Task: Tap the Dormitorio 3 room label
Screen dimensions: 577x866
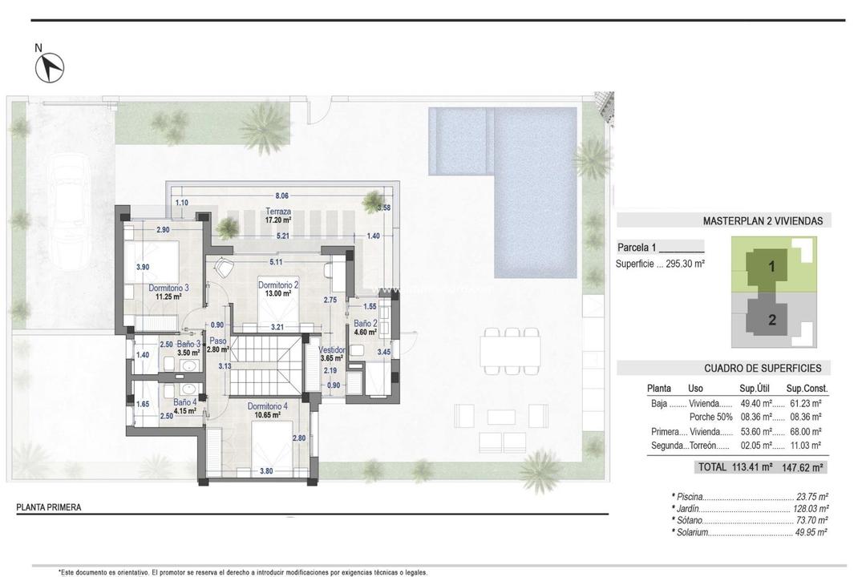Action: [x=168, y=288]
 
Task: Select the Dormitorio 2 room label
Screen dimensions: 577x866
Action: [x=278, y=284]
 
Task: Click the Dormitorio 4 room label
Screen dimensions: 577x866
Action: [x=267, y=406]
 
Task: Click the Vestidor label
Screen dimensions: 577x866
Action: [x=331, y=350]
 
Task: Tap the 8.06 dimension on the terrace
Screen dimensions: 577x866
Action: [x=281, y=195]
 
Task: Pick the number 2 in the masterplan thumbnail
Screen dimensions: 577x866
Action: [x=771, y=320]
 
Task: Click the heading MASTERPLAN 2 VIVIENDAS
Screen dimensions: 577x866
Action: [x=767, y=221]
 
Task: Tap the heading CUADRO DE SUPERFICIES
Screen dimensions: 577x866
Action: [x=767, y=369]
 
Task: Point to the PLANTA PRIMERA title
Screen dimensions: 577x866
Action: [x=49, y=507]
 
